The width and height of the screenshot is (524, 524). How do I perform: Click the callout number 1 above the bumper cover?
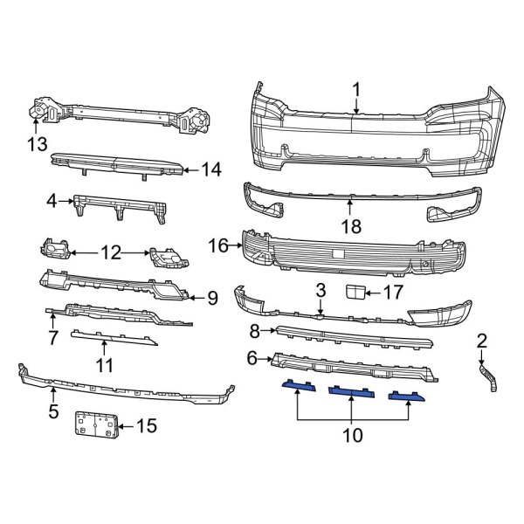pos(356,90)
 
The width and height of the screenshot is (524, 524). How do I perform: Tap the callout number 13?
pos(37,145)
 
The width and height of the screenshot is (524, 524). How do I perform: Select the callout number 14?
pos(211,169)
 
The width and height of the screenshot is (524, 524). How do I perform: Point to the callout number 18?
pos(351,226)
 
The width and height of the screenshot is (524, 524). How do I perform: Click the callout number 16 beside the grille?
pos(217,245)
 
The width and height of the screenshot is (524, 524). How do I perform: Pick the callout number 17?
pos(393,293)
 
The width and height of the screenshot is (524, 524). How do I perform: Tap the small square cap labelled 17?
pos(355,292)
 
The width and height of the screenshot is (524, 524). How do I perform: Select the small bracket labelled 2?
pos(488,378)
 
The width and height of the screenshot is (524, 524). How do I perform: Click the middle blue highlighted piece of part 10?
pos(352,391)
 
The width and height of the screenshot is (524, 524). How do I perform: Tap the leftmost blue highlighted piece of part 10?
pos(299,385)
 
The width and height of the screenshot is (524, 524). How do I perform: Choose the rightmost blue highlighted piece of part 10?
pos(406,396)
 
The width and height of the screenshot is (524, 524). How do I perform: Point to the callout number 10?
pos(352,435)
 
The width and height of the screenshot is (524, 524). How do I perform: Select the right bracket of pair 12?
pos(169,258)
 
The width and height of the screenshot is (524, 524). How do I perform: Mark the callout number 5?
pos(53,410)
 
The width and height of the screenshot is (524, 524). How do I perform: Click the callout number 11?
pos(104,364)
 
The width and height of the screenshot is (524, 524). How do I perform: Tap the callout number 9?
pos(212,298)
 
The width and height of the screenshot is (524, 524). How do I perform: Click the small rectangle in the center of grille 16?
pos(338,253)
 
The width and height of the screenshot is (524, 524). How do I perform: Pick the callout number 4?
pos(52,201)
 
